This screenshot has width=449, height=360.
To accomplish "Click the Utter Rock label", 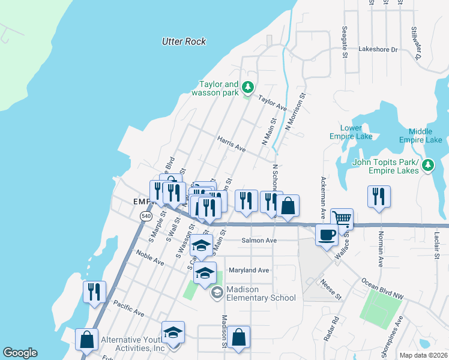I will coord(184,41).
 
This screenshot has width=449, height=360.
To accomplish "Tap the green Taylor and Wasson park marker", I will coord(248,89).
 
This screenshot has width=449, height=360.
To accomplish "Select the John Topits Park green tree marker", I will coord(428,164).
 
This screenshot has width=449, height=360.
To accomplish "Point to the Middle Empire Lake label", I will coord(425,136).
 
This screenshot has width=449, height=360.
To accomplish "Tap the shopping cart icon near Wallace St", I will coord(342,219).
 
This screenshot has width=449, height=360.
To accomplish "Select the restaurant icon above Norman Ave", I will coord(379,196).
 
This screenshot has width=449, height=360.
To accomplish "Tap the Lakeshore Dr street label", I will coord(378,50).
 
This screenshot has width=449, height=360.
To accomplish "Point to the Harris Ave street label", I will coord(232,143).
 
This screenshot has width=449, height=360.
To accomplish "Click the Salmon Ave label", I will coord(259,241).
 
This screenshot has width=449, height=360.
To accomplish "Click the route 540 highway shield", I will coord(146,215).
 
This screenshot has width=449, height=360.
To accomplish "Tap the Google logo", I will coord(20,353).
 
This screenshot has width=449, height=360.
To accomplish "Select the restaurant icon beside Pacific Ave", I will coord(95,292).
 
